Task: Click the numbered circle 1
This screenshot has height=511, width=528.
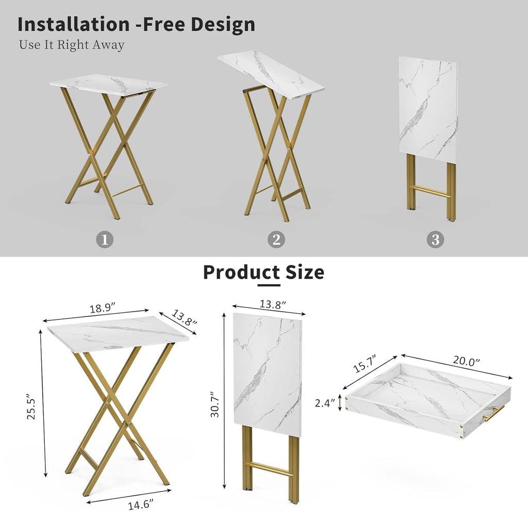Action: pos(105,240)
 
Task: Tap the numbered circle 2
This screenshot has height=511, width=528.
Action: pos(276,240)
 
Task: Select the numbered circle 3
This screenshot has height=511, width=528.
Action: pos(435,240)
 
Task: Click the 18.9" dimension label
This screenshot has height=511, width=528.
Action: pos(103,308)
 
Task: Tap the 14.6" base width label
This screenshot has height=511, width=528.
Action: pos(141,505)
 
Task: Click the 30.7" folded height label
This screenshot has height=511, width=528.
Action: pos(214,404)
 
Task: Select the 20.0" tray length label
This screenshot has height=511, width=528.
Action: pos(466,361)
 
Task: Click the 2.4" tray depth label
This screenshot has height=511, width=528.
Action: pos(325,403)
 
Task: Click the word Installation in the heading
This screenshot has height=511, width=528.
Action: pos(74,24)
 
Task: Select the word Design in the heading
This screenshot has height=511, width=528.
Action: pos(223,25)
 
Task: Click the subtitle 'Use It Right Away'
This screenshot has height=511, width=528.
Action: pos(72,45)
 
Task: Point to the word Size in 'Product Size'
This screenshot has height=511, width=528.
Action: pos(305,272)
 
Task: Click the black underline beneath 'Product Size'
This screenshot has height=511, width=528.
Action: pos(269,285)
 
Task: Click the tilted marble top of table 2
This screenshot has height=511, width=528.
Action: pos(271,74)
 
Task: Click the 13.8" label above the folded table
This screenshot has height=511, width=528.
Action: pos(273,305)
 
